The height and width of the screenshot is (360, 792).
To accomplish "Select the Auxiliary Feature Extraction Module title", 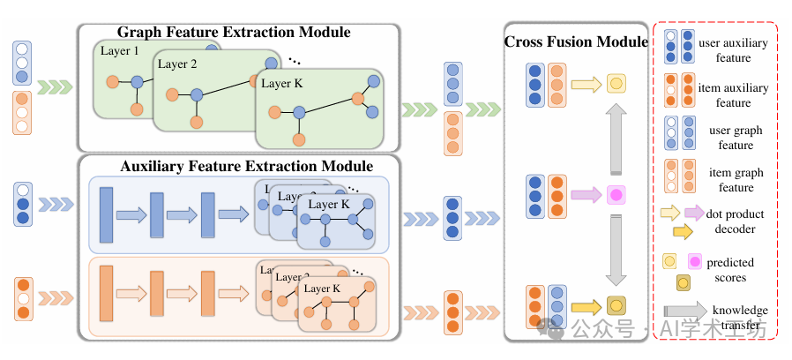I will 246,166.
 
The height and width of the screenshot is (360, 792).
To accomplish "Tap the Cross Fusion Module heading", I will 575,42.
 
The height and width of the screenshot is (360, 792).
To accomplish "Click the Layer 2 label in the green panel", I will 179,64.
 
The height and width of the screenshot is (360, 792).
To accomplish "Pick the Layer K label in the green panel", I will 282,84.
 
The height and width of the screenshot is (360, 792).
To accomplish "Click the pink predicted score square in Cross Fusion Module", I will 616,194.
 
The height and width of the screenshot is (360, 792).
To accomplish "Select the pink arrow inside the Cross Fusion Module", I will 586,194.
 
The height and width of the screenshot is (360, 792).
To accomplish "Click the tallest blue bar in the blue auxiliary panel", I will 108,214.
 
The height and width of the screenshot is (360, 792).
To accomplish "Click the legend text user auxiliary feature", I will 733,50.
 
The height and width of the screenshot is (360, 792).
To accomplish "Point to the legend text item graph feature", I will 733,180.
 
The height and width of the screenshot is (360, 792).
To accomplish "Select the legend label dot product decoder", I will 734,221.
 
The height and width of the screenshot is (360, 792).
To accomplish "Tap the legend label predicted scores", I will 733,270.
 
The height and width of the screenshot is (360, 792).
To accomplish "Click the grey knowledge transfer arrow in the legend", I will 686,310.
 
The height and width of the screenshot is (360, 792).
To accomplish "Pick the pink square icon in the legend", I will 696,262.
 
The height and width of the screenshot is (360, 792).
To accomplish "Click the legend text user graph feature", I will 733,138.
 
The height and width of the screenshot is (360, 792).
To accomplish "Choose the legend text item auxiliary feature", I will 733,95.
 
